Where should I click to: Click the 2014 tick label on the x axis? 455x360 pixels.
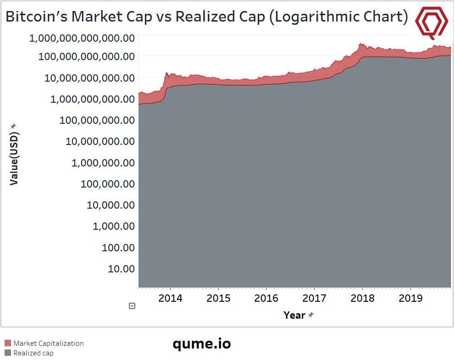(x=170, y=299)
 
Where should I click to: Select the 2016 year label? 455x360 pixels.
(x=266, y=299)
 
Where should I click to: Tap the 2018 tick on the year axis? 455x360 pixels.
(x=362, y=299)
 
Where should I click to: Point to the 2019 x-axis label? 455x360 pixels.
(x=411, y=299)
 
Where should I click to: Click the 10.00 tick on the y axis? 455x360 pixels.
(x=121, y=269)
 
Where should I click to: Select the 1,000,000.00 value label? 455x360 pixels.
(x=103, y=163)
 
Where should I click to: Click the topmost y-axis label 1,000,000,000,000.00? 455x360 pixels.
(x=82, y=38)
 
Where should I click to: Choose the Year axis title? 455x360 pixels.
(x=294, y=316)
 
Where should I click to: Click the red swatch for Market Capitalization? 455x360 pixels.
(x=8, y=343)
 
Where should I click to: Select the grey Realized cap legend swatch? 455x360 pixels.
(x=8, y=353)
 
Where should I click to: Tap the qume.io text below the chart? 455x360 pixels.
(x=202, y=343)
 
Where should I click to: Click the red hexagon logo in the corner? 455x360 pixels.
(x=432, y=21)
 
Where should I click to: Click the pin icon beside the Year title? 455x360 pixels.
(x=311, y=315)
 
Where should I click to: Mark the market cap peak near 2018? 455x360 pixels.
(x=361, y=44)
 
